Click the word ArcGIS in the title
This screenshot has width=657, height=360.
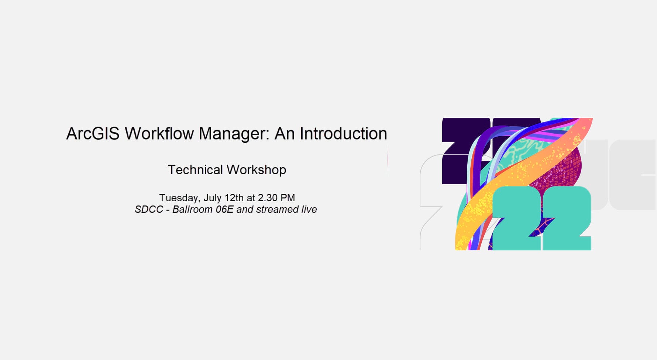[93, 134]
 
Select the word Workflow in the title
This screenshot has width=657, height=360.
[159, 134]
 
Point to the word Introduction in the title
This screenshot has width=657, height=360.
[343, 134]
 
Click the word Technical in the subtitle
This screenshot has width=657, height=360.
[195, 170]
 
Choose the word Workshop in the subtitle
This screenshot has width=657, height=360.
[257, 170]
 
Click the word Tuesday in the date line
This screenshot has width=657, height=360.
[180, 198]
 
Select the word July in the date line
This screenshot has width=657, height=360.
[213, 198]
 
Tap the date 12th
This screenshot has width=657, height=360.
[234, 198]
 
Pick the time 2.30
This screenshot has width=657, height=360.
[268, 198]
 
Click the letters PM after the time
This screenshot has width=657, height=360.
[288, 198]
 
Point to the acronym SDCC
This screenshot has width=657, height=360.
[149, 209]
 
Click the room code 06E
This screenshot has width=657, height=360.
[225, 209]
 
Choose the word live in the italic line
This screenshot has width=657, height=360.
[309, 209]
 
